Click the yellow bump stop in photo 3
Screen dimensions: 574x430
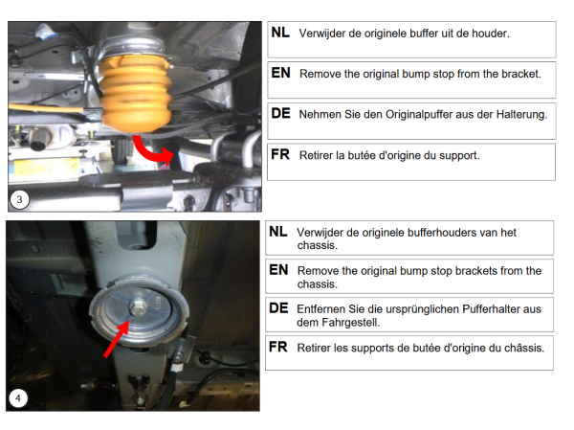[135, 94]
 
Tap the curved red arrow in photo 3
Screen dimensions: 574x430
[147, 153]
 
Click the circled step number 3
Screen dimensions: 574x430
[19, 200]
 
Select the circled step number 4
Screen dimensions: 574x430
[18, 398]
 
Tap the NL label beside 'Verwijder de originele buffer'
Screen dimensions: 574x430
[280, 33]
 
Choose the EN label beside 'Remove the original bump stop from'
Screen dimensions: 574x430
[280, 73]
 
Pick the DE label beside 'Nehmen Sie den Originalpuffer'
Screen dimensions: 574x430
[280, 114]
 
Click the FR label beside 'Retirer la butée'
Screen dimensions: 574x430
[280, 155]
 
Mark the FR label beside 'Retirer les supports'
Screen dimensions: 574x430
[278, 347]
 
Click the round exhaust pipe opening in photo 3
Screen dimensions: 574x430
[37, 143]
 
